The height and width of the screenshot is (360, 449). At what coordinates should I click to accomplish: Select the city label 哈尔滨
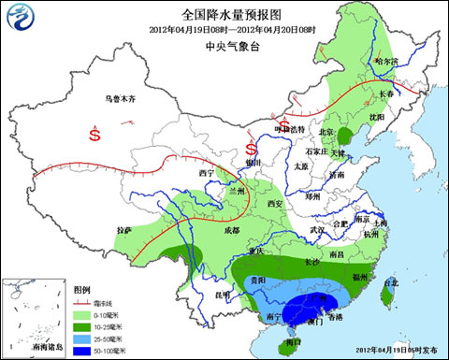pyautogui.click(x=385, y=62)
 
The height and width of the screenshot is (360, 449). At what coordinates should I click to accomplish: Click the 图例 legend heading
pyautogui.click(x=82, y=290)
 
